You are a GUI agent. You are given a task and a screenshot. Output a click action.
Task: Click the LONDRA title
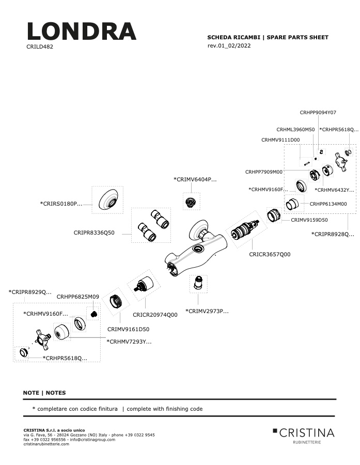(x=82, y=31)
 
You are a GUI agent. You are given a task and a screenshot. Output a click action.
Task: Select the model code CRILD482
(x=40, y=47)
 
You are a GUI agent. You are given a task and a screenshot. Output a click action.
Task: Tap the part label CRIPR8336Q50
(x=94, y=233)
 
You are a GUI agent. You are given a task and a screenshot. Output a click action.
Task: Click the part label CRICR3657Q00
(x=270, y=254)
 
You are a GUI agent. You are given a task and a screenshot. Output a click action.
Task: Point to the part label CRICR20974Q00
(x=155, y=315)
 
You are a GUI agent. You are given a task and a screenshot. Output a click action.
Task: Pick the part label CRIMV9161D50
(x=129, y=329)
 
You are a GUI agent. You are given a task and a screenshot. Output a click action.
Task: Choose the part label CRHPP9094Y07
(x=318, y=113)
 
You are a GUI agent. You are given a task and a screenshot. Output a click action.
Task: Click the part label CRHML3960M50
(x=295, y=130)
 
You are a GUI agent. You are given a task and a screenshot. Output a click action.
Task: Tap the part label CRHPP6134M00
(x=328, y=204)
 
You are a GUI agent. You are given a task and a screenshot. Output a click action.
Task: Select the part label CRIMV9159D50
(x=309, y=220)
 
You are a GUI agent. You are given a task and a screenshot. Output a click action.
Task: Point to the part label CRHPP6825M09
(x=78, y=297)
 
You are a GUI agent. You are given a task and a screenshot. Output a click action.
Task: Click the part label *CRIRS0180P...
(x=61, y=204)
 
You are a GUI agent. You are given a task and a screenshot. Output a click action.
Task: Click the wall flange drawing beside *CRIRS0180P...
(x=108, y=199)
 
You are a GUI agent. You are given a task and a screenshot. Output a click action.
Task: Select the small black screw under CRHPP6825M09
(x=93, y=314)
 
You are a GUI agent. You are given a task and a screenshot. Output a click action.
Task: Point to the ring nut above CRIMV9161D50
(x=116, y=302)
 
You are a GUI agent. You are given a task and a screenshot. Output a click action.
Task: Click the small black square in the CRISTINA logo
(x=275, y=430)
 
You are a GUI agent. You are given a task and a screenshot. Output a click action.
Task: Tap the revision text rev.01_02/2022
(x=229, y=45)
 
